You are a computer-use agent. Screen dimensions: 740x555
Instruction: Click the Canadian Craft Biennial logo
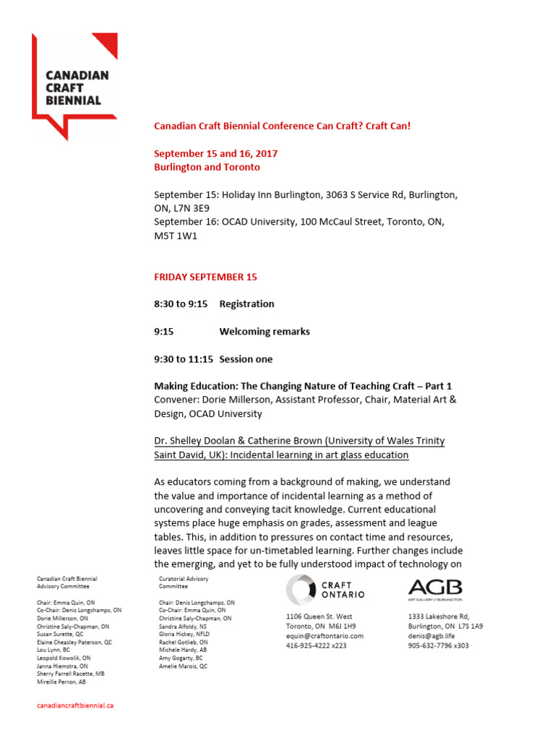pos(74,85)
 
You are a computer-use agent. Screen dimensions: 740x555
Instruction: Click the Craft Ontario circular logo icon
pos(300,590)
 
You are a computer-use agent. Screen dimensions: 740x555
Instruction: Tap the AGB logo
pos(434,588)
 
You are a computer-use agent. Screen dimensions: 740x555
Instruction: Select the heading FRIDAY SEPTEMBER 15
pos(205,277)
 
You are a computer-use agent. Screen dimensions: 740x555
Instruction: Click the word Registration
pos(246,304)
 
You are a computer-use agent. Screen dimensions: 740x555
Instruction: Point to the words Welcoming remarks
pos(264,332)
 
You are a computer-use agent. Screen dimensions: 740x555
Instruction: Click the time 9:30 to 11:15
pos(184,359)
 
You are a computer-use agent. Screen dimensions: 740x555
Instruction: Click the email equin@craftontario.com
pos(324,636)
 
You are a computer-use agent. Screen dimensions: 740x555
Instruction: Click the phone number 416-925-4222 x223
pos(317,645)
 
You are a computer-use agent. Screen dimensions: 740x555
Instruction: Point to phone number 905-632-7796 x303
pos(438,645)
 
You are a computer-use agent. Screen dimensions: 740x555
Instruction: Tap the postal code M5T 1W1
pos(176,236)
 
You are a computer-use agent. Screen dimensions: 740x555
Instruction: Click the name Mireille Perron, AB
pos(61,681)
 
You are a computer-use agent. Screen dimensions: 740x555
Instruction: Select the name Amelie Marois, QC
pos(183,666)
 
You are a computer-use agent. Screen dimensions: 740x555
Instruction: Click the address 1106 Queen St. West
pos(319,616)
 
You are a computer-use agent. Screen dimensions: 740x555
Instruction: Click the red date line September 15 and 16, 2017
pos(216,154)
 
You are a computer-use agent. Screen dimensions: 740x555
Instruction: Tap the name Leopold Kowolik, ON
pos(64,658)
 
